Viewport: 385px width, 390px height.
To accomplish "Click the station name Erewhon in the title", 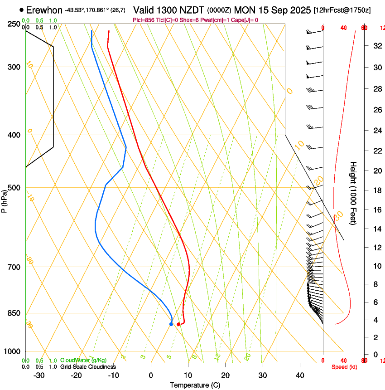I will [x=44, y=10].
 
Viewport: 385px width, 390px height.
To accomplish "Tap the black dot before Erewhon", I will [x=22, y=10].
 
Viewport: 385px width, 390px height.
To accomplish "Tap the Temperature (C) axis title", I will [x=195, y=385].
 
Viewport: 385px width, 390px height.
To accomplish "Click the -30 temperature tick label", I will [x=39, y=375].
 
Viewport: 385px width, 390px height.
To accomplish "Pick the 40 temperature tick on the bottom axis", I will [x=299, y=375].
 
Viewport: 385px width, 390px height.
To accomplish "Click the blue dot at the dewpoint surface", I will [x=171, y=324].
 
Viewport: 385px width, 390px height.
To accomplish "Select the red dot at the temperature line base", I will [x=178, y=324].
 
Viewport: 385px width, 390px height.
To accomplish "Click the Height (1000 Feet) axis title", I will [x=354, y=193].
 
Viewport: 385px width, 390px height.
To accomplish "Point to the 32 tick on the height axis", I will [x=376, y=46].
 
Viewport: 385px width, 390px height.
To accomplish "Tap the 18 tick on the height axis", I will [x=376, y=190].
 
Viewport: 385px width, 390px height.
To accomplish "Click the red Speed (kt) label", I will [x=344, y=367].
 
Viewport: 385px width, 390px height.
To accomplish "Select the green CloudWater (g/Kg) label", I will [x=83, y=361].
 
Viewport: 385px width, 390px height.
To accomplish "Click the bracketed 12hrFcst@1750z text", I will [x=342, y=10].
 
